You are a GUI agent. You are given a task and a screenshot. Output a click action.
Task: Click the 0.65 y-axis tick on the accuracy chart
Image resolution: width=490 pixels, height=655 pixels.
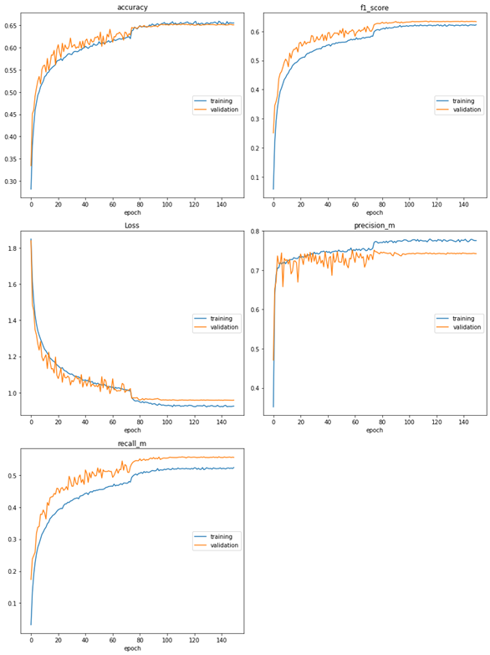(x=12, y=26)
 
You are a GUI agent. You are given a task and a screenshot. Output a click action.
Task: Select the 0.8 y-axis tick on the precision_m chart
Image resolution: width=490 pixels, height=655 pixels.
(x=256, y=231)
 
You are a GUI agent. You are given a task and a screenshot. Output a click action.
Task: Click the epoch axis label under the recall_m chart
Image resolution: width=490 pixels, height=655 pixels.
(x=132, y=648)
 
